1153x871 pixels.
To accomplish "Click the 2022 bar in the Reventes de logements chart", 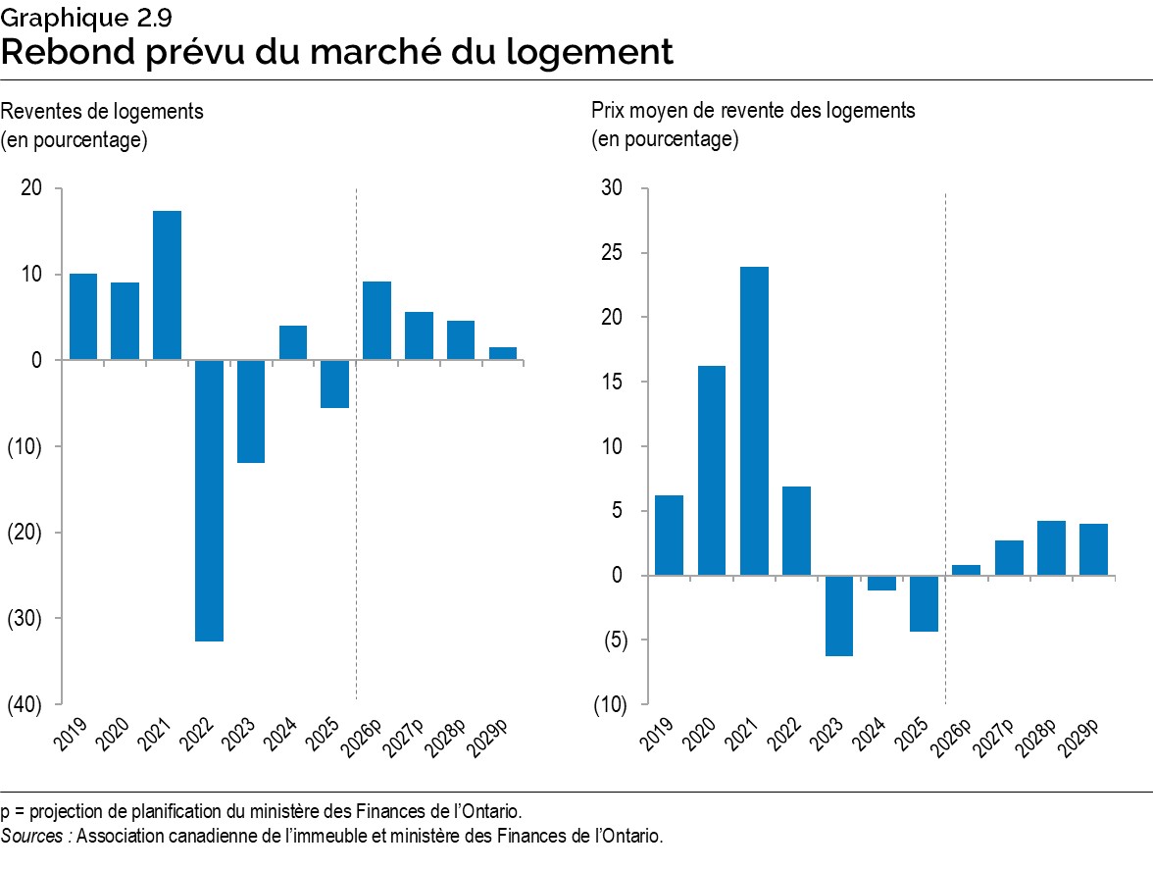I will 209,500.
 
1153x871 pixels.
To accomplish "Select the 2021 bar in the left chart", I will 167,285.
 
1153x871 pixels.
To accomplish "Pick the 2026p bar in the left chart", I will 376,321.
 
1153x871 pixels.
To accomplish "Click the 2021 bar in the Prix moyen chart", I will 754,421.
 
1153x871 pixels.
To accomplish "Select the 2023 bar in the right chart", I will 839,615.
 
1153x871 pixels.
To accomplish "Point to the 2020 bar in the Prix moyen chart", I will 712,470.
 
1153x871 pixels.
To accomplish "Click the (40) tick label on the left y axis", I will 25,704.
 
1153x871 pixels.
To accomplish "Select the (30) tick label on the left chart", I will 25,618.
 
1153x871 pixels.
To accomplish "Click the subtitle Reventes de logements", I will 102,111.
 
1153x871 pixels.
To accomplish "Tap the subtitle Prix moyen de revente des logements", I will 752,111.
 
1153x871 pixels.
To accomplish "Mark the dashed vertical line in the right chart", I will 944,441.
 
